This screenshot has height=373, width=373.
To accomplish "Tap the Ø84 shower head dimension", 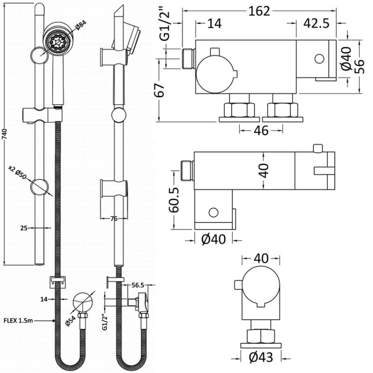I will [78, 29].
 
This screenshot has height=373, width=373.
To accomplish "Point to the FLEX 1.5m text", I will [19, 320].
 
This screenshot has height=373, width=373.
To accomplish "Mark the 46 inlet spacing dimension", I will [262, 131].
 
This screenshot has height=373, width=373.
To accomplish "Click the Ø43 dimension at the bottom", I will [260, 358].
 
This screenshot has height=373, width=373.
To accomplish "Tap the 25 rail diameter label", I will [25, 228].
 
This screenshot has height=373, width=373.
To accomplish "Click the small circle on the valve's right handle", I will [319, 59].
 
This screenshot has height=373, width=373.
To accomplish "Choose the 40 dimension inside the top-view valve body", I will [264, 171].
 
